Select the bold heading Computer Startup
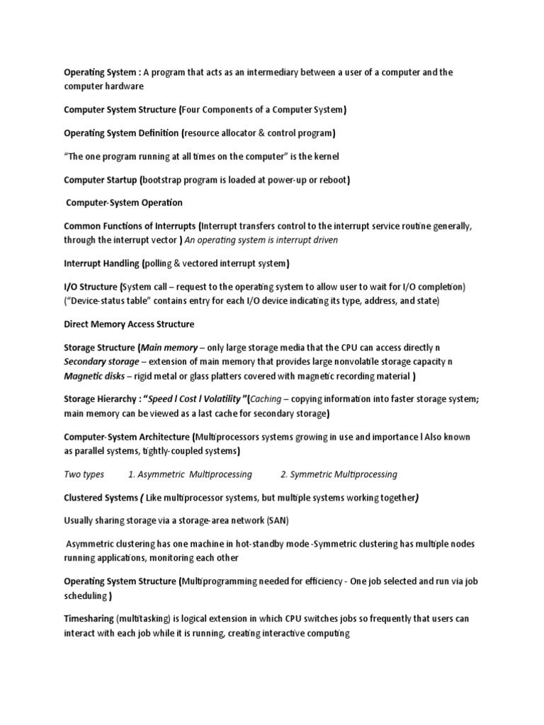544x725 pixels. point(101,180)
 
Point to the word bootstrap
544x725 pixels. point(165,180)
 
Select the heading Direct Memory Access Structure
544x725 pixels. point(129,324)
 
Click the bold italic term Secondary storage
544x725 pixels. point(101,361)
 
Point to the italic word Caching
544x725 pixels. point(266,399)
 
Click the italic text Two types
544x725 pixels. point(84,474)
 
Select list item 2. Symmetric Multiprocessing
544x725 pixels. point(339,474)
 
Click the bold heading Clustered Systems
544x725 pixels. point(101,498)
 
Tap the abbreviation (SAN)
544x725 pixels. point(278,521)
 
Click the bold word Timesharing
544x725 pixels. point(89,619)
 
